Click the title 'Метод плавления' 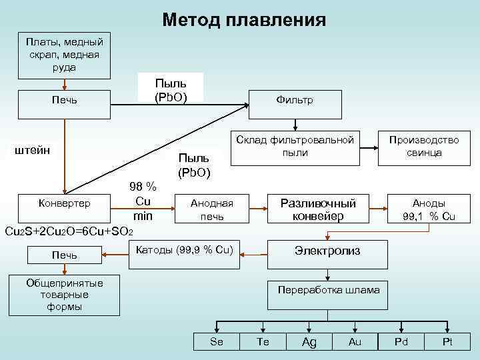[244, 19]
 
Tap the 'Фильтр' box [294, 100]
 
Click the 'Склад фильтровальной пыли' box [295, 147]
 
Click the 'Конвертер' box [64, 201]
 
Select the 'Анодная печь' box [211, 209]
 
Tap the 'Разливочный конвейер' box [318, 209]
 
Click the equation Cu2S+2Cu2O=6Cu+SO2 [69, 231]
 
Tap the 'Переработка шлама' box [329, 289]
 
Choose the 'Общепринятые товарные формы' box [64, 294]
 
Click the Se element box [217, 341]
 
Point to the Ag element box [309, 341]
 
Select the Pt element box [447, 341]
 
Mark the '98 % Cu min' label [143, 201]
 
